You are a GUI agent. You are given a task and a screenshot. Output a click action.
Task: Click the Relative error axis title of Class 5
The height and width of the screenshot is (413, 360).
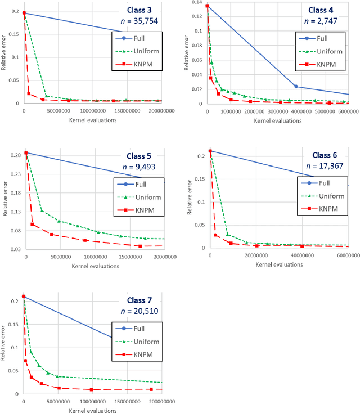[5, 200]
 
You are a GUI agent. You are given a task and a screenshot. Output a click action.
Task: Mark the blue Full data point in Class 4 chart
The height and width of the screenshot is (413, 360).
[296, 87]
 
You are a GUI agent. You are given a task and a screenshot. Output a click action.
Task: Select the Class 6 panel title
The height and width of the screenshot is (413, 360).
[327, 155]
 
